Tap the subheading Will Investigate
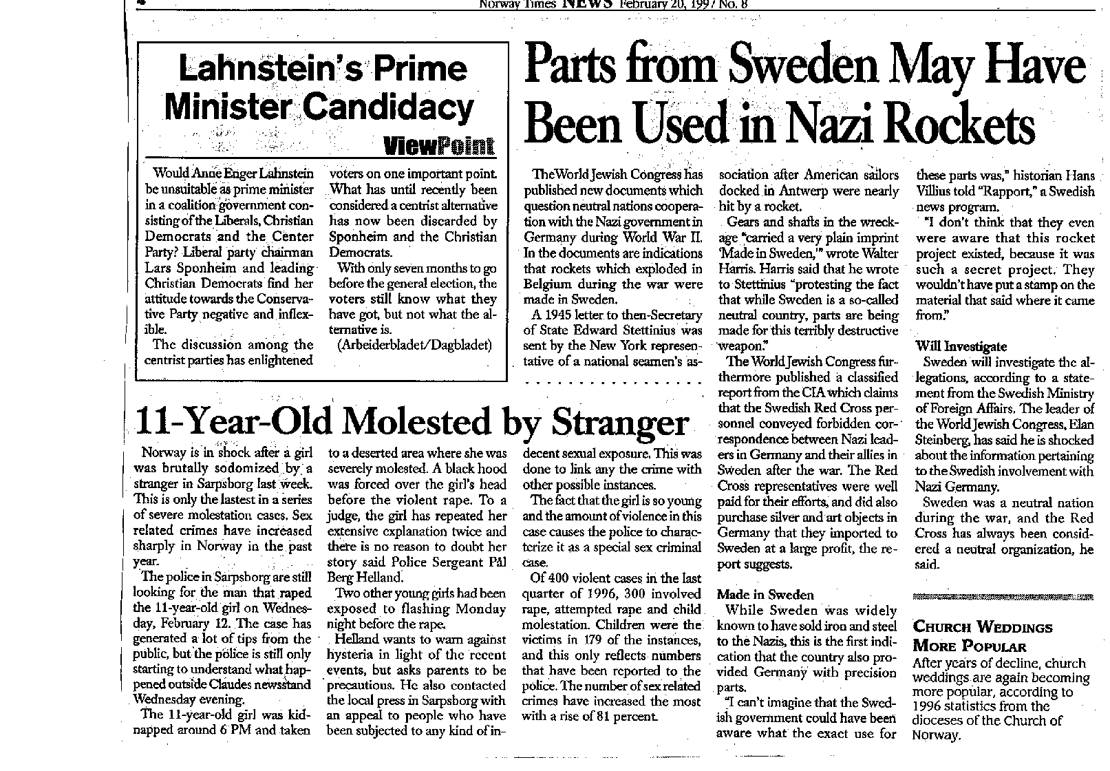(961, 346)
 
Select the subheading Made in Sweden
(765, 594)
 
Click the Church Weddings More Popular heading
(982, 637)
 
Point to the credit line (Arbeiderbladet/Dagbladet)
(415, 345)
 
